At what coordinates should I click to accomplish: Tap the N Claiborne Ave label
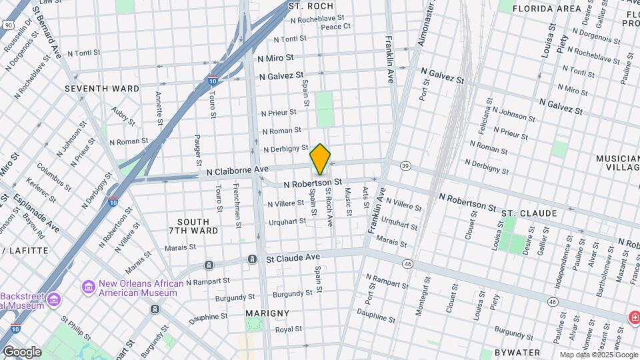237,171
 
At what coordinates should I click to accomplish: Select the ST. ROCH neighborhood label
311,6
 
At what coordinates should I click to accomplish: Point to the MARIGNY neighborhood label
267,313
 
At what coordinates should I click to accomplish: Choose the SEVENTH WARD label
102,89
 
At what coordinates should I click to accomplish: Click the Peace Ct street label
335,27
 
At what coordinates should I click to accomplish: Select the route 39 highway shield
405,165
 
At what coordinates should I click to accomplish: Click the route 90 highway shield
8,25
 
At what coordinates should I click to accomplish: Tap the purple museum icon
88,287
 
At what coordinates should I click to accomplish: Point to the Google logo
21,351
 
